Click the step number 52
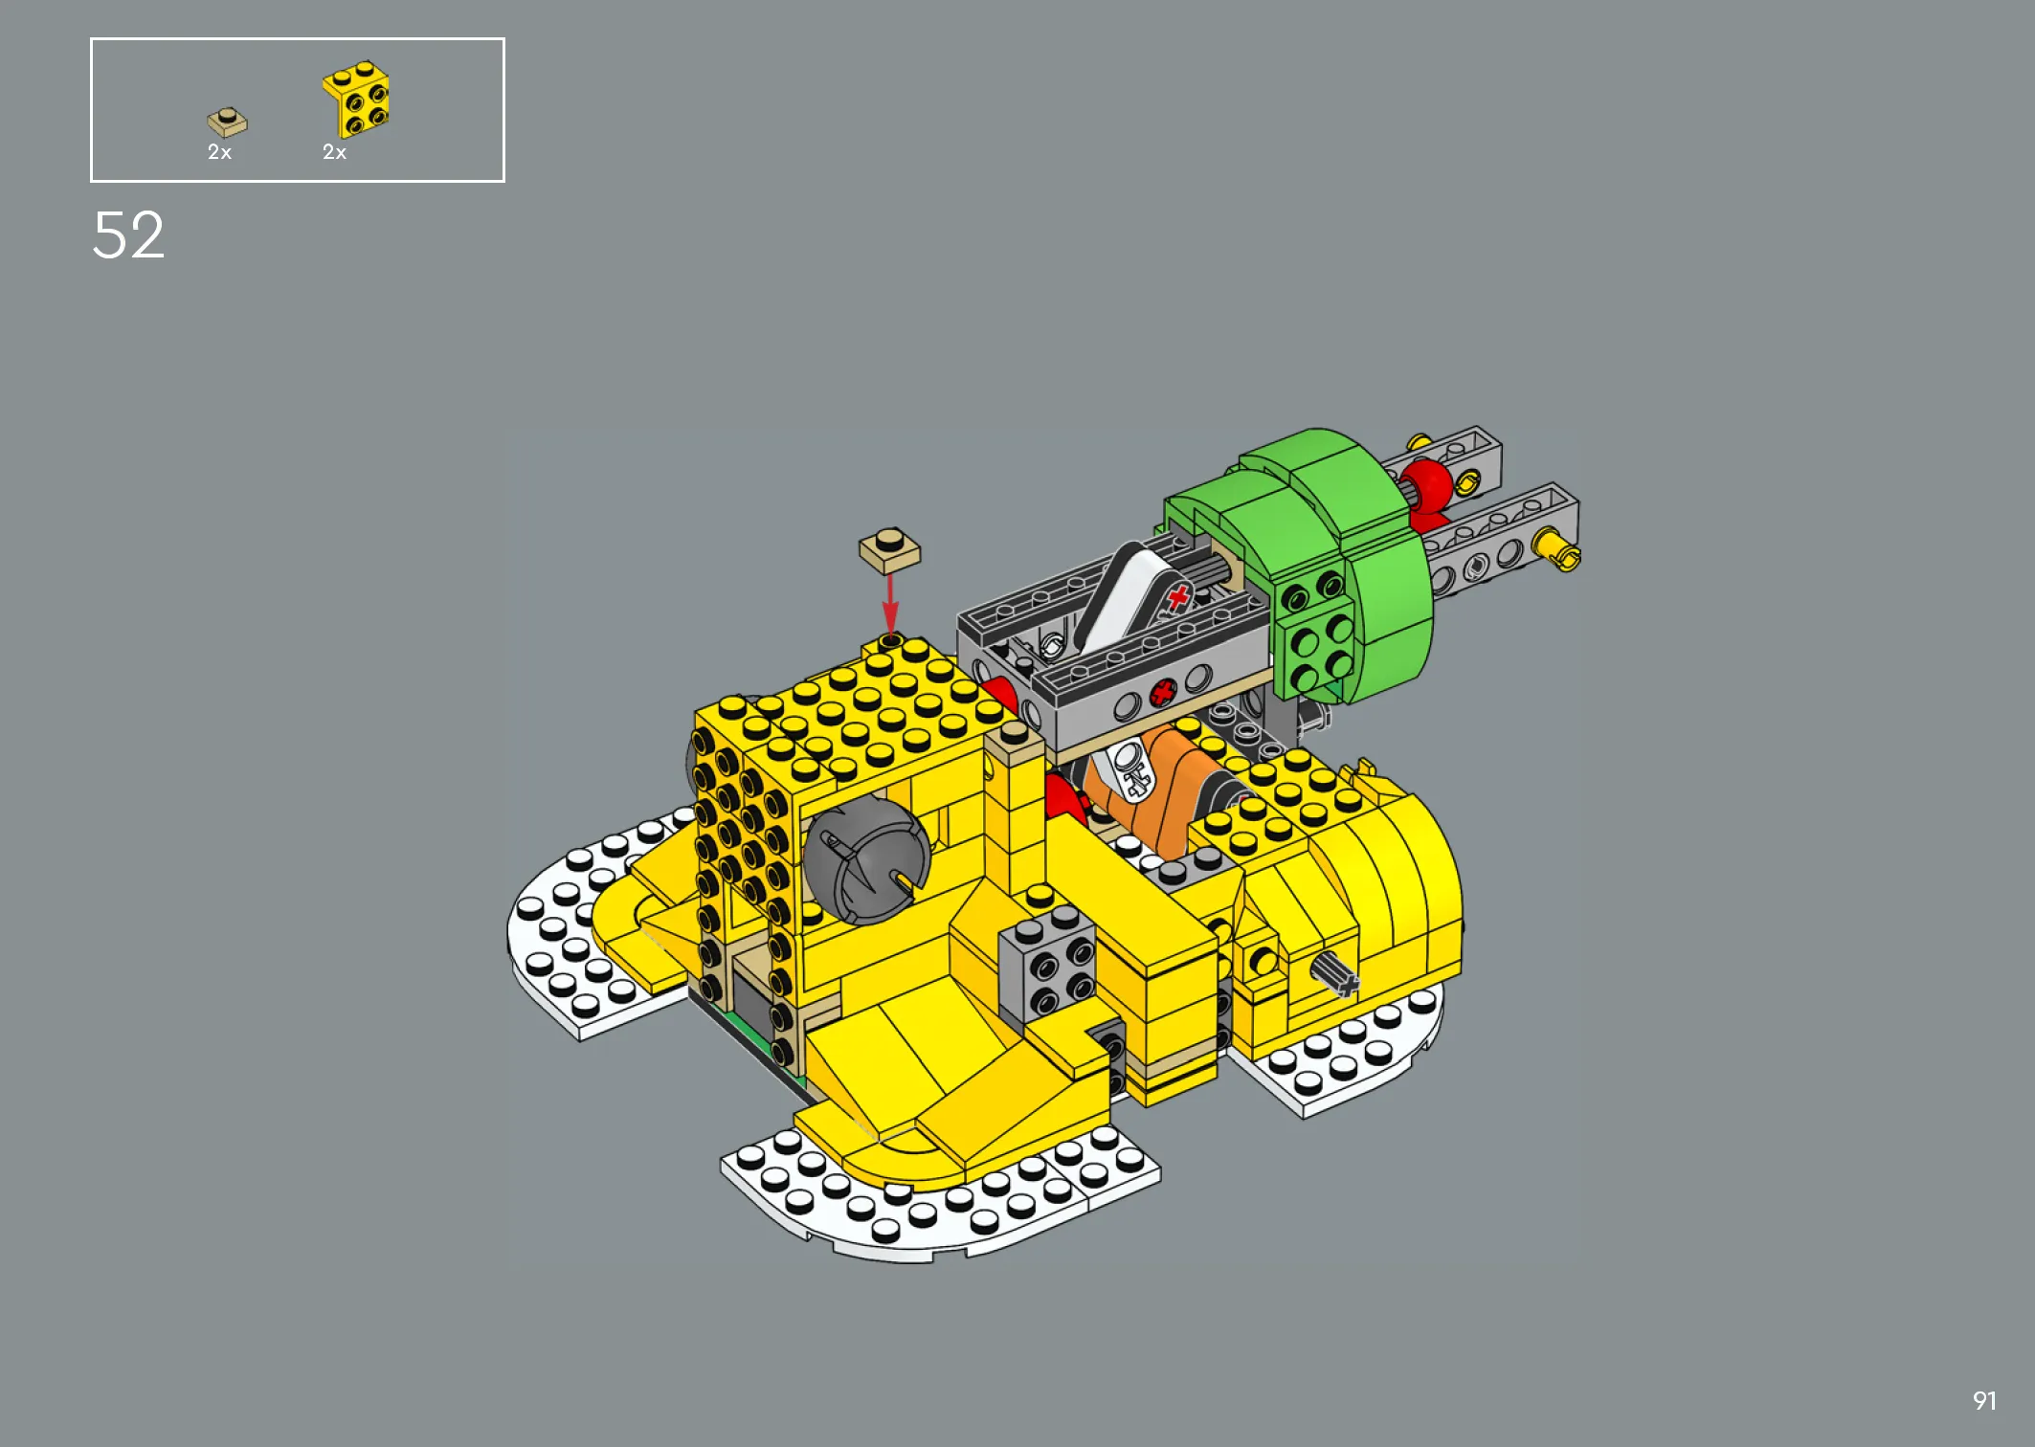(x=128, y=235)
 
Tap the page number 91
(x=1984, y=1401)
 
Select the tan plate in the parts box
(x=227, y=122)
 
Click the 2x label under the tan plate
(x=219, y=152)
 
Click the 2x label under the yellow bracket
(x=334, y=152)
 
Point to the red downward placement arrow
(x=890, y=605)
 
